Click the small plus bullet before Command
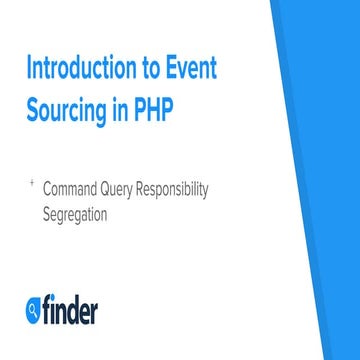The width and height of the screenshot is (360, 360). [x=32, y=183]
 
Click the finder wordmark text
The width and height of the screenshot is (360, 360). [x=69, y=311]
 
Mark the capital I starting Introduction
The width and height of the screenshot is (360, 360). [x=28, y=70]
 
